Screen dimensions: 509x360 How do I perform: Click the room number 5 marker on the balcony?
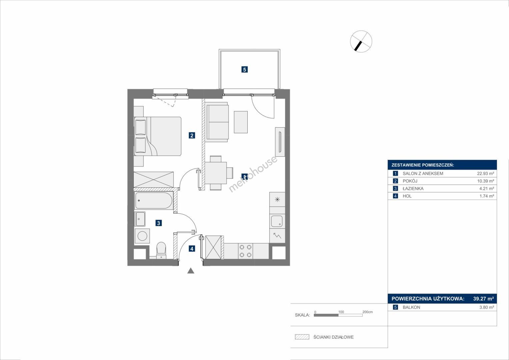[x=245, y=70]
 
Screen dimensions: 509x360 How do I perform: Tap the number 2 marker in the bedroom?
[x=192, y=135]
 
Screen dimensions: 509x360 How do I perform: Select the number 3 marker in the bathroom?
[x=159, y=223]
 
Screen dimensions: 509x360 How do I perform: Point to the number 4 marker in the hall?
[x=192, y=249]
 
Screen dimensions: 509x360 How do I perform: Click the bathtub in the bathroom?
[x=154, y=200]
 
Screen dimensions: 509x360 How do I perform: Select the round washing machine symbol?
[x=142, y=236]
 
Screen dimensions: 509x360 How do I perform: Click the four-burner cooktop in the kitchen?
[x=245, y=251]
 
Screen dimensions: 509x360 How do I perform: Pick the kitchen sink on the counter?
[x=277, y=221]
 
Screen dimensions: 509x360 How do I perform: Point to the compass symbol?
[x=361, y=41]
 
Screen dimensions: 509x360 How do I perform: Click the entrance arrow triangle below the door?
[x=191, y=270]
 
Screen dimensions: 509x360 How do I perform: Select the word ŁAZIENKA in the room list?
[x=413, y=188]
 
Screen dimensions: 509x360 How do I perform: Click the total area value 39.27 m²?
[x=484, y=298]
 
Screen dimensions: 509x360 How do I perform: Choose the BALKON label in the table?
[x=411, y=307]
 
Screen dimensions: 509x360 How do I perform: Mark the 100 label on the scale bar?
[x=341, y=312]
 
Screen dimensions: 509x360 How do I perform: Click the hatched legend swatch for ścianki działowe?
[x=302, y=337]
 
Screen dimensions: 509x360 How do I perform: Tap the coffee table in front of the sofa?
[x=241, y=122]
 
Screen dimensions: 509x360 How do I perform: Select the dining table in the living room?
[x=216, y=173]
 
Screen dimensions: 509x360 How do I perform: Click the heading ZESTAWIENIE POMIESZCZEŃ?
[x=423, y=165]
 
